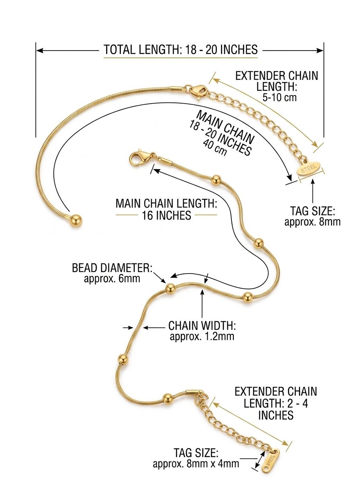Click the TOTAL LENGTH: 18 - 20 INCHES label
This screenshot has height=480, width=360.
181,49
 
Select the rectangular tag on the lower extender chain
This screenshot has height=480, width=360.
271,459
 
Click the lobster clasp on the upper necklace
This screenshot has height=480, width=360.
198,91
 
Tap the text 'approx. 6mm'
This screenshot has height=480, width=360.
112,279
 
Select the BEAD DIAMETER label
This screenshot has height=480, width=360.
112,268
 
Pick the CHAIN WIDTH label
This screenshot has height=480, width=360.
202,325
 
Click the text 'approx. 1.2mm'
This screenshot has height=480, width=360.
202,337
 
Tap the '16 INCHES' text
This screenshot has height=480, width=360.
166,215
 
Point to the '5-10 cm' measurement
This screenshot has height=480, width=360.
280,97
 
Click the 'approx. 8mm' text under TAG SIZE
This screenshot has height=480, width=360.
313,222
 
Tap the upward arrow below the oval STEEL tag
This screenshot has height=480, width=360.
313,191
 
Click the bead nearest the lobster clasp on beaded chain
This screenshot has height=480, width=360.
217,180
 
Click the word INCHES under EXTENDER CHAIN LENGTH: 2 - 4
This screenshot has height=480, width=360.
276,415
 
